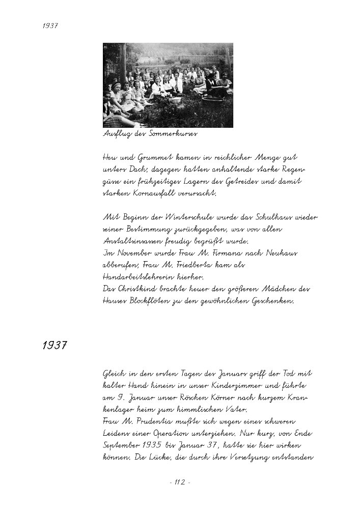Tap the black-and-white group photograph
[x=168, y=85]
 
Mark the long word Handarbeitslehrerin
[x=141, y=277]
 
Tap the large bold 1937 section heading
[x=55, y=346]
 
